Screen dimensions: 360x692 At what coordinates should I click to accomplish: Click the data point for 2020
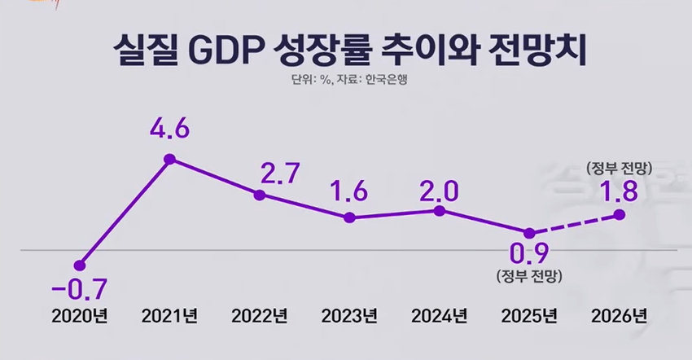pyautogui.click(x=79, y=265)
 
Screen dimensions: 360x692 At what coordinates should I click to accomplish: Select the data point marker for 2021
pyautogui.click(x=169, y=159)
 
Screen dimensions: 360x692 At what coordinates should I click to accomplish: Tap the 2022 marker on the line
pyautogui.click(x=260, y=195)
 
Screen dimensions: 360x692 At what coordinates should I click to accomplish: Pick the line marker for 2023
pyautogui.click(x=349, y=217)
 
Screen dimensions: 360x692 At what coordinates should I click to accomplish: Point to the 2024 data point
pyautogui.click(x=440, y=210)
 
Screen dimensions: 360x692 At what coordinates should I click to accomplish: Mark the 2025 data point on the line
pyautogui.click(x=530, y=232)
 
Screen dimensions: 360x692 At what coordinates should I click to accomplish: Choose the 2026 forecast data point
pyautogui.click(x=620, y=214)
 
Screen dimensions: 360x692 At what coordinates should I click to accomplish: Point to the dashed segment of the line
pyautogui.click(x=575, y=223)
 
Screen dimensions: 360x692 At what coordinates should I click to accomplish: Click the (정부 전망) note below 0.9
pyautogui.click(x=529, y=274)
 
